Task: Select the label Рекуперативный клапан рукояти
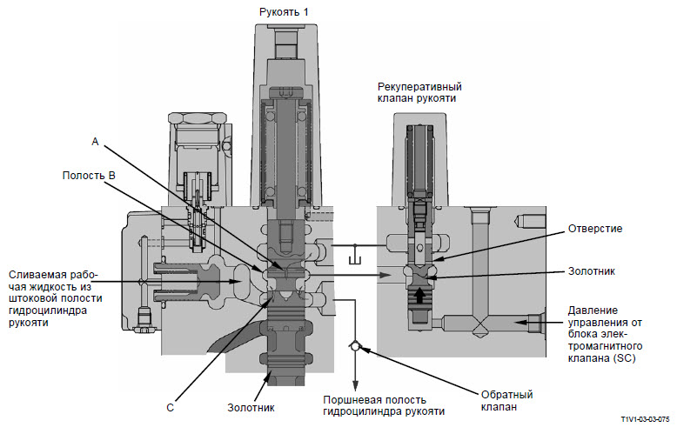[x=419, y=93]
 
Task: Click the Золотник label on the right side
[x=592, y=270]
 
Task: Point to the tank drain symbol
[x=353, y=260]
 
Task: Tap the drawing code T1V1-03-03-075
[x=643, y=417]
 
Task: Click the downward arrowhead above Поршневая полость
[x=355, y=384]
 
